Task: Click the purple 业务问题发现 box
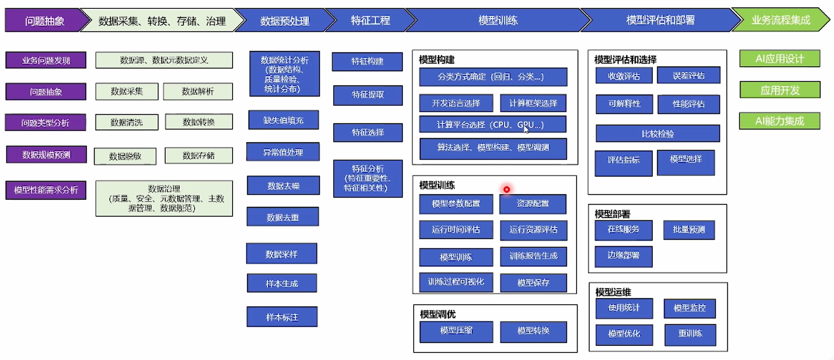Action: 46,60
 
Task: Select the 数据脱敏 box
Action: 125,156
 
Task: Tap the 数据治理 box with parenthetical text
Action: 164,198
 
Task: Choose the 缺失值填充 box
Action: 284,120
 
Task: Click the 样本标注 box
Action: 282,317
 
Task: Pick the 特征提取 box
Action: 368,95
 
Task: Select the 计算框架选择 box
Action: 533,103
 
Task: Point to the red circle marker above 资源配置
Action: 506,189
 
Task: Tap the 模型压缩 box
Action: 456,331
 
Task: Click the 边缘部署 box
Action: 623,256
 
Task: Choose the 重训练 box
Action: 690,334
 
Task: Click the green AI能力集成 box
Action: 780,121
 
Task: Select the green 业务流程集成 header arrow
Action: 781,20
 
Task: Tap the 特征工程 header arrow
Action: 370,20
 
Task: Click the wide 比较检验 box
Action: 658,134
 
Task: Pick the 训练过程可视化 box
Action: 456,282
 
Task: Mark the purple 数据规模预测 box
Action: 46,155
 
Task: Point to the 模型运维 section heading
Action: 613,292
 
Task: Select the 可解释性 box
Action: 624,104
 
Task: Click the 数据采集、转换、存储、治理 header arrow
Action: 162,21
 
